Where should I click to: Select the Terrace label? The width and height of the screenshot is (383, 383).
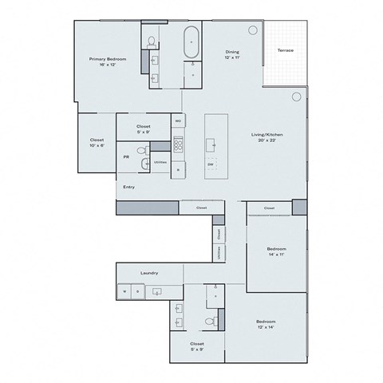click(285, 51)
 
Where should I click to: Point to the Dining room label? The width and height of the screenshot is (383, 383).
click(231, 55)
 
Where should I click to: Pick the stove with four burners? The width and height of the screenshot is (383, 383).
click(179, 145)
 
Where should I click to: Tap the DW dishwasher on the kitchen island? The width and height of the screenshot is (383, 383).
click(211, 164)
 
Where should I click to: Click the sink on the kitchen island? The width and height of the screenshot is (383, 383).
click(211, 144)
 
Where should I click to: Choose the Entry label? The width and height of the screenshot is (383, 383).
click(128, 187)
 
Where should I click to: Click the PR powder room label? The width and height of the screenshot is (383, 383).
click(126, 157)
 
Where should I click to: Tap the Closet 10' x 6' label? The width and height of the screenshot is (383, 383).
click(97, 143)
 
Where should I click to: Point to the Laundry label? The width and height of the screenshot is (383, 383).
click(149, 273)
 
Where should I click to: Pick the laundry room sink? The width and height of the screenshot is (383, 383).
click(158, 292)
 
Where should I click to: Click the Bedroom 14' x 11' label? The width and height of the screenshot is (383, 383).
click(275, 253)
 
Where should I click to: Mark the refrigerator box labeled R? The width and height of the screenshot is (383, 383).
click(179, 169)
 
